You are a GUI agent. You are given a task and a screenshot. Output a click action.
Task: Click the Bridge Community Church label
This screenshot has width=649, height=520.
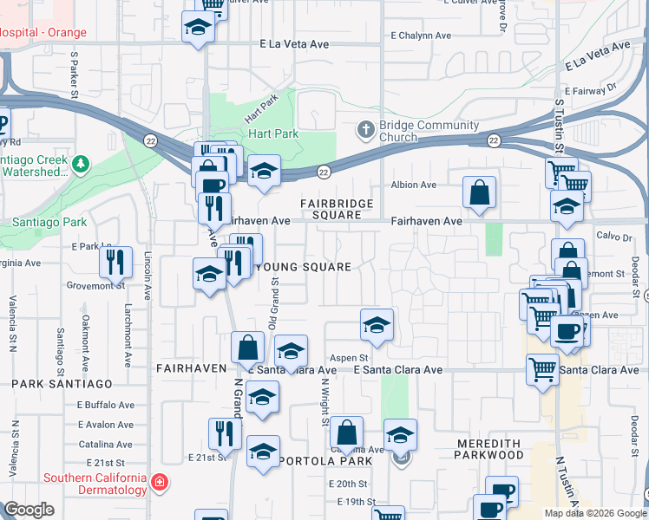(429, 131)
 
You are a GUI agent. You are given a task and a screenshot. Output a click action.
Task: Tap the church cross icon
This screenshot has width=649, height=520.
(365, 131)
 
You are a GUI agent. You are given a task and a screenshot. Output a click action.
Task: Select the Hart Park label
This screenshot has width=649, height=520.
(273, 134)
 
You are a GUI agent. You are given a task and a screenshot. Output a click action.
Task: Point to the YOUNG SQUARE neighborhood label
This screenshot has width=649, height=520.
(302, 267)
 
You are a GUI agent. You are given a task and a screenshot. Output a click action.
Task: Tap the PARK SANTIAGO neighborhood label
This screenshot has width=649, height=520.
(62, 383)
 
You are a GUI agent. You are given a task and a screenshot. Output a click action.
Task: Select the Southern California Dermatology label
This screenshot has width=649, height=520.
(95, 484)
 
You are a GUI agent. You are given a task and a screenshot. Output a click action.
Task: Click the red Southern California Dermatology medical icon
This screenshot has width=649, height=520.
(159, 481)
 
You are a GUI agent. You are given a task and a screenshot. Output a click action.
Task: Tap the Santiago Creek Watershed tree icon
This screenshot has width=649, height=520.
(81, 162)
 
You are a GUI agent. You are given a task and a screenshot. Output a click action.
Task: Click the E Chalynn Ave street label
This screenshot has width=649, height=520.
(421, 36)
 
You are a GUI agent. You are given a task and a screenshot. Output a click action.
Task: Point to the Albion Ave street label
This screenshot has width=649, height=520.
(414, 185)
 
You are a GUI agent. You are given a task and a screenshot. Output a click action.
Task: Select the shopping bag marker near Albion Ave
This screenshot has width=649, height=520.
(479, 192)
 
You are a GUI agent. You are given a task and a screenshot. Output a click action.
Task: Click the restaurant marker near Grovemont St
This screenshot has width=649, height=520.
(115, 262)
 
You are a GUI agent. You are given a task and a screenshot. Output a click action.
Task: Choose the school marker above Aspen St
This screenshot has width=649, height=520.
(376, 326)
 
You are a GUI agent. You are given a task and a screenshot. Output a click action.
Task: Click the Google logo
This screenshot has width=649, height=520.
(29, 510)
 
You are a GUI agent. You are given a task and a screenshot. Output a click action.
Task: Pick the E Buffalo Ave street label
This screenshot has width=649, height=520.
(106, 405)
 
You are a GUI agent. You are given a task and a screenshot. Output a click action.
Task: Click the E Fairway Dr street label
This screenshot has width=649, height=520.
(589, 89)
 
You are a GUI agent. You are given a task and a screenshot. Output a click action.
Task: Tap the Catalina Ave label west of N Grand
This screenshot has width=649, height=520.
(105, 444)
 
